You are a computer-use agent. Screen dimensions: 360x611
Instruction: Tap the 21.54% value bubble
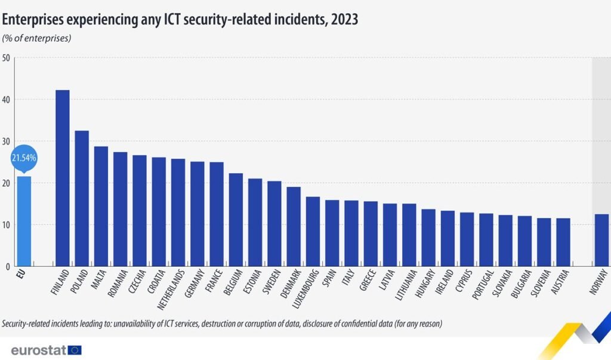pyautogui.click(x=24, y=158)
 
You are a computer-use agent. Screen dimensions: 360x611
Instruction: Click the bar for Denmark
pyautogui.click(x=294, y=226)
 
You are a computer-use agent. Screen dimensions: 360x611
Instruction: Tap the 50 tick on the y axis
pyautogui.click(x=5, y=58)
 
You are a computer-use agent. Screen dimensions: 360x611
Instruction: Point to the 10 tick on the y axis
pyautogui.click(x=5, y=224)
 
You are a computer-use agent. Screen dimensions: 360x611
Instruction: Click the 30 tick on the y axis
pyautogui.click(x=5, y=141)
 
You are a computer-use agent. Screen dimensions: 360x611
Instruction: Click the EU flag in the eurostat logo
pyautogui.click(x=75, y=350)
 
